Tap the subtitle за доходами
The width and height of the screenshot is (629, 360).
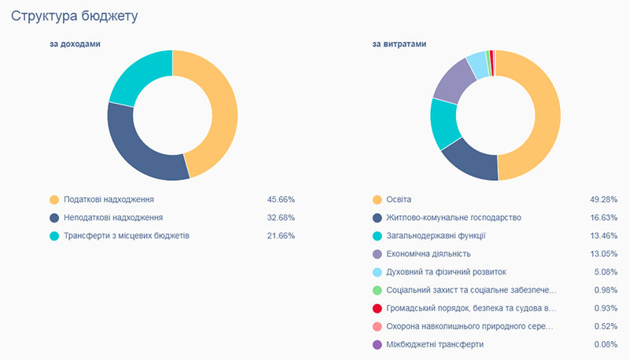(x=75, y=44)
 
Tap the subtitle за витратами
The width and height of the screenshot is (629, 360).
(x=399, y=44)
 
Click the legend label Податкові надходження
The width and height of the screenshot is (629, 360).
(x=109, y=200)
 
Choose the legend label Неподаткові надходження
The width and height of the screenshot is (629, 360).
(x=113, y=217)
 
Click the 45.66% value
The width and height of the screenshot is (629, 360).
(x=281, y=200)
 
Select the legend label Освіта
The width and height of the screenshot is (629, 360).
(x=399, y=200)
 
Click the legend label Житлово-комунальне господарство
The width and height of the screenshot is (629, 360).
(x=454, y=217)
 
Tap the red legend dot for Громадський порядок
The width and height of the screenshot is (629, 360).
(x=377, y=308)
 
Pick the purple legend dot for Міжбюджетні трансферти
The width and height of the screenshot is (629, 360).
(x=377, y=344)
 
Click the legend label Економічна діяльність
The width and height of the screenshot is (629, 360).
(x=429, y=253)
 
